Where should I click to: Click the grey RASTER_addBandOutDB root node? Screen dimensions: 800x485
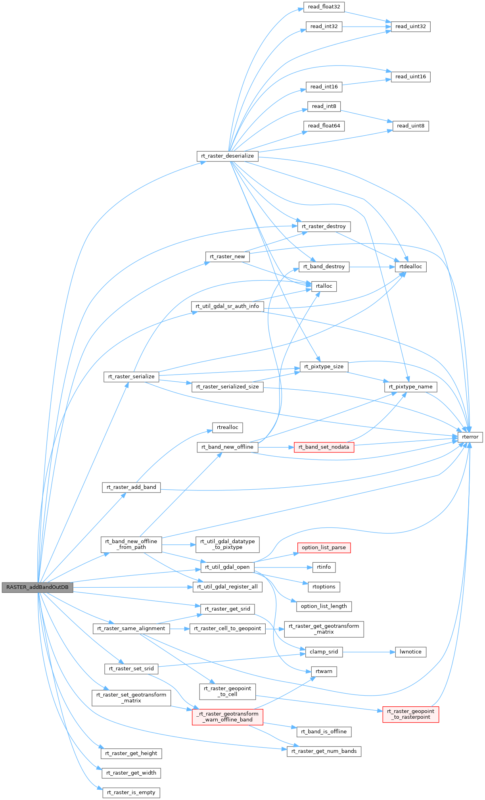(x=37, y=587)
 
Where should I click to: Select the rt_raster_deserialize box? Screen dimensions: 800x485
(x=227, y=156)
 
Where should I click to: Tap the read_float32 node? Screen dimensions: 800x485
(x=324, y=7)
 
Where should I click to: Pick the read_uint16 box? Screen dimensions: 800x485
(x=410, y=77)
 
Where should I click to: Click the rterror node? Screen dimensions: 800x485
(x=470, y=437)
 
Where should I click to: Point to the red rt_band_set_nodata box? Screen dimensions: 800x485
(x=324, y=447)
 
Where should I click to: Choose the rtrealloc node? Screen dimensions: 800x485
(x=228, y=427)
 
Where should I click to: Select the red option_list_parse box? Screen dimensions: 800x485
(x=324, y=548)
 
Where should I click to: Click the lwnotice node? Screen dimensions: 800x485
(x=410, y=652)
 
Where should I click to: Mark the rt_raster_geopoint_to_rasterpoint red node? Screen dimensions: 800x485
(x=410, y=714)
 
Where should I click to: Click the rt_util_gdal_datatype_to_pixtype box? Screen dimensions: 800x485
(x=227, y=544)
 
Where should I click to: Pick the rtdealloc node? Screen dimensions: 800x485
(x=410, y=267)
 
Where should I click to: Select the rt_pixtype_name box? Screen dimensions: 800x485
(x=410, y=387)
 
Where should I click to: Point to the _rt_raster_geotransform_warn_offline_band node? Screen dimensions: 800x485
(x=227, y=717)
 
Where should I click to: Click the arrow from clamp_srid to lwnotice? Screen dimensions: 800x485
(x=369, y=652)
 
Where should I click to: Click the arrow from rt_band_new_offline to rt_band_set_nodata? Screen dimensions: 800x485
(x=276, y=447)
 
